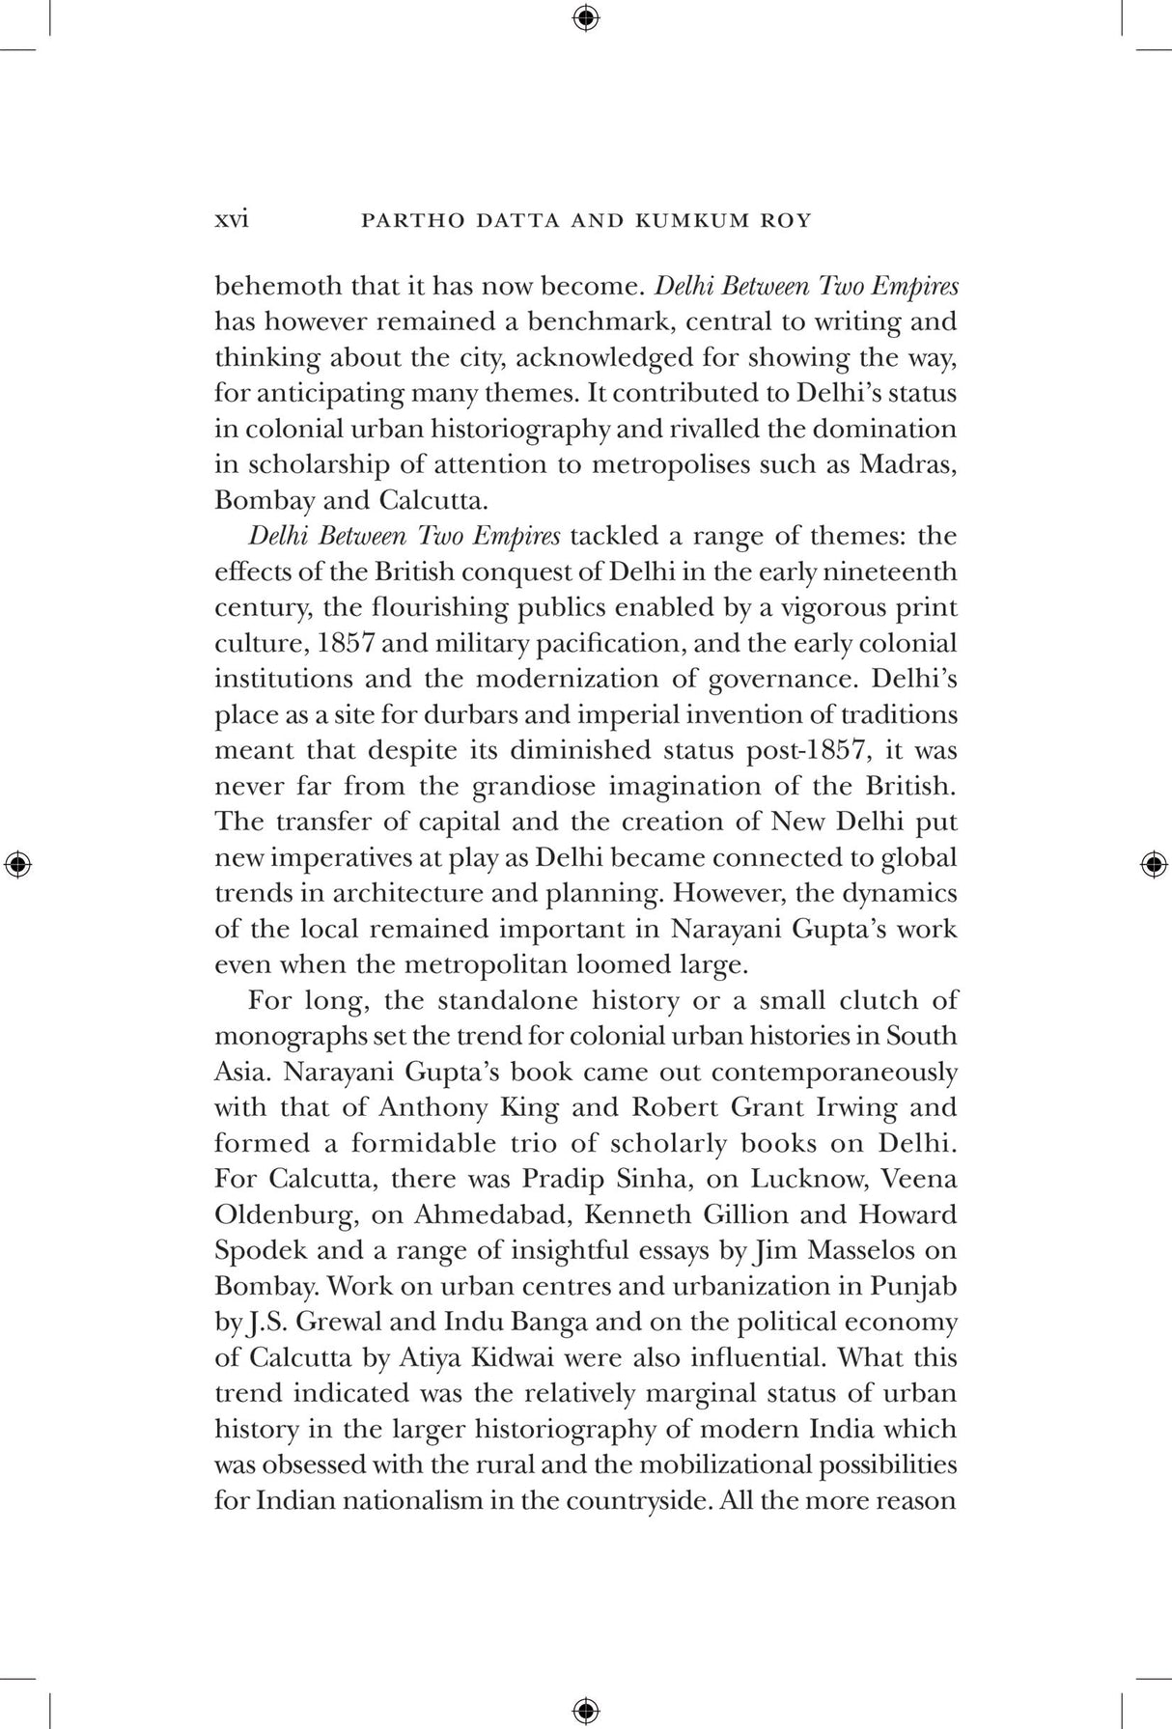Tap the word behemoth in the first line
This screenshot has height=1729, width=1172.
coord(277,286)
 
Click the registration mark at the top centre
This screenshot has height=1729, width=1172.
coord(585,17)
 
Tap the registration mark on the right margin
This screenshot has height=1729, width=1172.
coord(1152,864)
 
